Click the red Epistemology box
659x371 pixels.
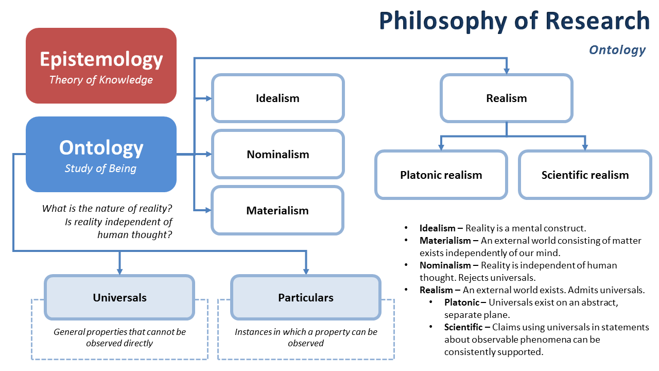[x=101, y=66]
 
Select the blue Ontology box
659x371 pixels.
[x=101, y=154]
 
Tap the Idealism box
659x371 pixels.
[x=278, y=98]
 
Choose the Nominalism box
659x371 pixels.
[x=278, y=154]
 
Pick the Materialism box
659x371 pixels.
[x=278, y=210]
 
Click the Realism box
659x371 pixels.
[x=506, y=98]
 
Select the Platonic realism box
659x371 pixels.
[x=441, y=175]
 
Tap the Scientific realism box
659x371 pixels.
[x=585, y=175]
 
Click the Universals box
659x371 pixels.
[x=119, y=297]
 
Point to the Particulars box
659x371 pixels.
[x=306, y=297]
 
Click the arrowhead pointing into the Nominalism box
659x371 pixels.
[x=209, y=154]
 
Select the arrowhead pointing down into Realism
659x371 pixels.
[x=507, y=71]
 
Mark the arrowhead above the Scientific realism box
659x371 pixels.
[x=585, y=147]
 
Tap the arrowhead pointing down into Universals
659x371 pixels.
[x=119, y=271]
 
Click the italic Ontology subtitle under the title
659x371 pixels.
[x=617, y=50]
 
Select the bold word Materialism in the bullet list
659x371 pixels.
[x=445, y=241]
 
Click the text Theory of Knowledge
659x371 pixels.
[x=101, y=80]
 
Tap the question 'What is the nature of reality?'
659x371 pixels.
[x=107, y=209]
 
